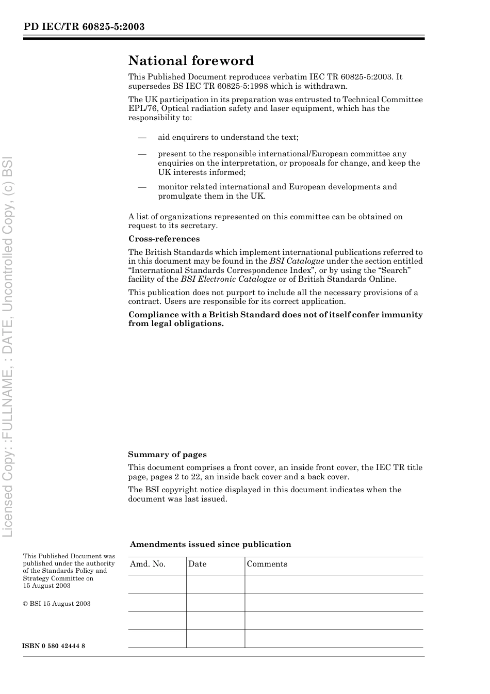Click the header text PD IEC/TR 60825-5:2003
click(84, 27)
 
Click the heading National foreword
click(191, 61)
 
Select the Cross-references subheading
click(164, 239)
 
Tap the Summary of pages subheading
click(167, 455)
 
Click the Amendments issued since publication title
click(210, 544)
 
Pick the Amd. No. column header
click(148, 564)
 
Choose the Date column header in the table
click(197, 564)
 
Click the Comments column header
click(267, 564)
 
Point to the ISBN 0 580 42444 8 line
click(54, 646)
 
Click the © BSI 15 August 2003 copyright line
click(57, 604)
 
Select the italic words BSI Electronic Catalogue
click(228, 279)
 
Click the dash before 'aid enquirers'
click(142, 137)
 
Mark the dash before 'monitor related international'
click(142, 187)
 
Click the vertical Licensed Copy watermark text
click(8, 346)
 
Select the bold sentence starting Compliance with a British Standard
click(275, 319)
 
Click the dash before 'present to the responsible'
click(142, 154)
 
